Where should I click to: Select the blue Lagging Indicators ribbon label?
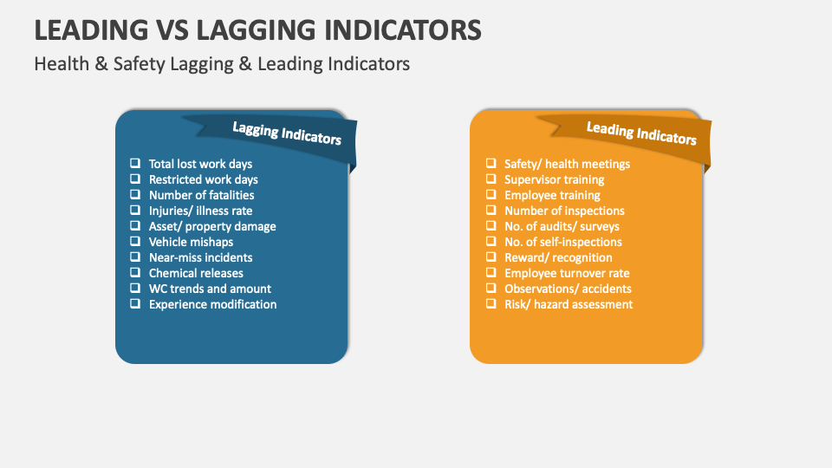287,133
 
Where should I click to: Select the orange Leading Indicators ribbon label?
641,133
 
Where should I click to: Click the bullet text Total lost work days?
200,164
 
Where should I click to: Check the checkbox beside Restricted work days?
134,179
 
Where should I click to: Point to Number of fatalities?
201,195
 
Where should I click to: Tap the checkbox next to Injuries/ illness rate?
134,211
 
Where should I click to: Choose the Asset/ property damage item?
212,226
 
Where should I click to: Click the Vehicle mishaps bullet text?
191,242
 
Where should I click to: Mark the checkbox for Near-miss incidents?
134,257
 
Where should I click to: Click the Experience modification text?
212,304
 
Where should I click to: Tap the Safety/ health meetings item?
567,164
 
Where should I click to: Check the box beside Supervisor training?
491,179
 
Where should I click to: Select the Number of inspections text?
564,211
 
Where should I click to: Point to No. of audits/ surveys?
562,226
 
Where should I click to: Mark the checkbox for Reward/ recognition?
491,257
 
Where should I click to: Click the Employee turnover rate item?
567,273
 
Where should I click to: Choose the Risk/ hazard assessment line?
569,304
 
